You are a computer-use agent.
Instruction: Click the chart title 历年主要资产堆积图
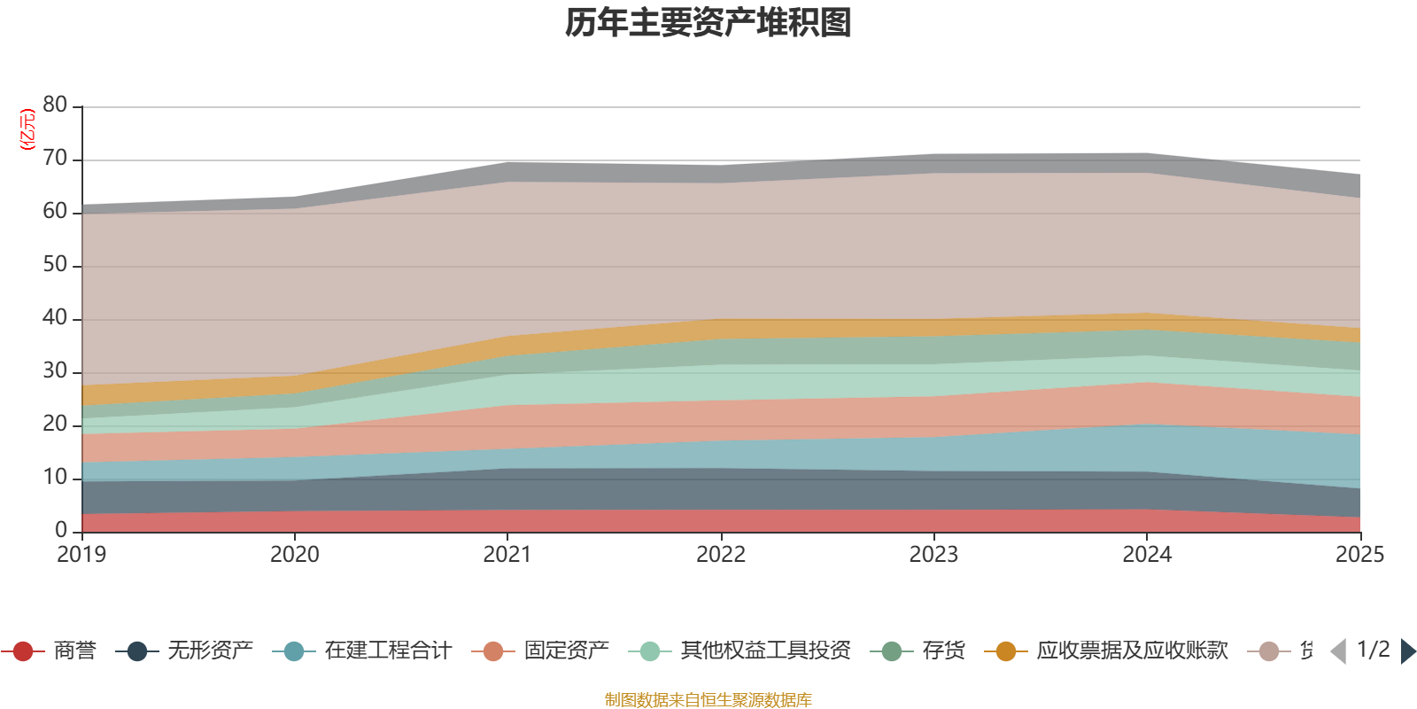(x=708, y=23)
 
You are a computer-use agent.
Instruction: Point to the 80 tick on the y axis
(x=55, y=105)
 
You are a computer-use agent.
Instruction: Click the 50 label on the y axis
(x=55, y=264)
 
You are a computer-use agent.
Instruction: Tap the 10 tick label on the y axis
(x=55, y=477)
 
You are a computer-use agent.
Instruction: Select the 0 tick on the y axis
(x=60, y=530)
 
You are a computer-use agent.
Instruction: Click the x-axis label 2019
(x=81, y=555)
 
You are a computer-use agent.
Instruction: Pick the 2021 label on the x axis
(x=507, y=555)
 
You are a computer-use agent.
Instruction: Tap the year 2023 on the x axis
(x=933, y=555)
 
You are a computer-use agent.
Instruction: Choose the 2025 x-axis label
(x=1359, y=555)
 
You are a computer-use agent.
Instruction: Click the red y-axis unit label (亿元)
(x=27, y=129)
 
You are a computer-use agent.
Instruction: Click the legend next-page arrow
(x=1408, y=651)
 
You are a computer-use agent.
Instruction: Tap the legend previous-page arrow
(x=1338, y=651)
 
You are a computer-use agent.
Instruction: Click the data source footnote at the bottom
(x=708, y=700)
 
